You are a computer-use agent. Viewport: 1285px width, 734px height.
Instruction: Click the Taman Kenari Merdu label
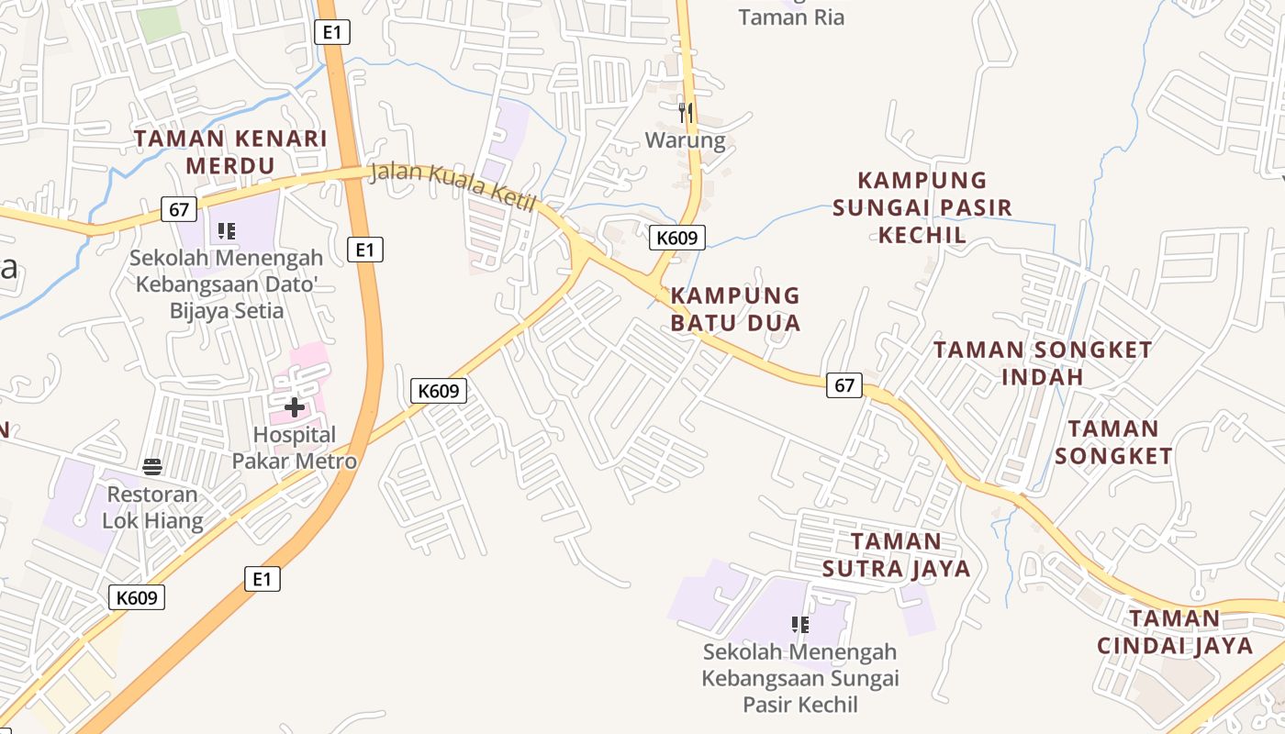(x=230, y=152)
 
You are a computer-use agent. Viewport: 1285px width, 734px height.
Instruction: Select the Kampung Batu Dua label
(x=735, y=309)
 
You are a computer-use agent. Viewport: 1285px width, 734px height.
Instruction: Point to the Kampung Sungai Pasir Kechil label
(x=922, y=207)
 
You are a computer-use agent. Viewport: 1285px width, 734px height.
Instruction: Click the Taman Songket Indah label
(x=1043, y=363)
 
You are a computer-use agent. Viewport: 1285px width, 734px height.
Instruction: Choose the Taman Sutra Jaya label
(x=896, y=555)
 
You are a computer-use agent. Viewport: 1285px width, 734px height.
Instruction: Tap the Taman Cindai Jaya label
(x=1175, y=632)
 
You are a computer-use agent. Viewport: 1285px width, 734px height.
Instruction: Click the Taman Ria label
(x=791, y=17)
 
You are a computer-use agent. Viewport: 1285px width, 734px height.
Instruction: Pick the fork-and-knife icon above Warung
(x=685, y=113)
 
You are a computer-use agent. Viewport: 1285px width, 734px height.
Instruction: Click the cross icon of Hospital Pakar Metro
(x=295, y=406)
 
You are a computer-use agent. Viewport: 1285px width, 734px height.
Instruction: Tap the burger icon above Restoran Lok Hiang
(x=152, y=467)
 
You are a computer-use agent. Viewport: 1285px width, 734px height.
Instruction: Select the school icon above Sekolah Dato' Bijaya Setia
(x=227, y=231)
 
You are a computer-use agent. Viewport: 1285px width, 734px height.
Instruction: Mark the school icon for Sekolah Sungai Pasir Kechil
(x=799, y=625)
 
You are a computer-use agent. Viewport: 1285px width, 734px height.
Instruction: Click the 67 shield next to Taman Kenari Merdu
(x=179, y=209)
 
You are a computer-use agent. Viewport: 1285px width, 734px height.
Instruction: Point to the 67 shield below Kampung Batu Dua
(x=844, y=385)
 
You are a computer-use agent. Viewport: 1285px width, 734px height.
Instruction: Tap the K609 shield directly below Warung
(x=678, y=239)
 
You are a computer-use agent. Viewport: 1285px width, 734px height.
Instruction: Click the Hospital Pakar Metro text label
(x=295, y=448)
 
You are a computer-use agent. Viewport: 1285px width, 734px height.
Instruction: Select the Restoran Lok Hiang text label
(x=152, y=507)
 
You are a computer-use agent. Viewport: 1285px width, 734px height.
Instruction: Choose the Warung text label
(x=685, y=141)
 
